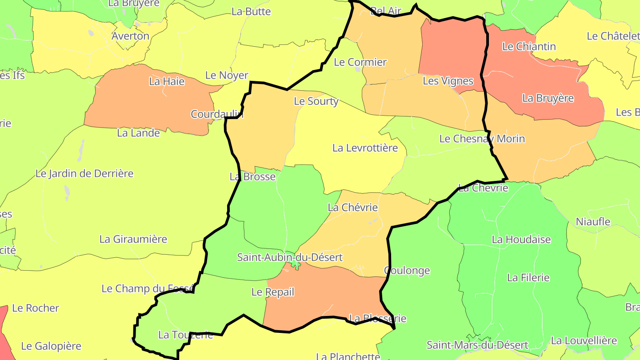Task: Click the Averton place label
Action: click(x=130, y=36)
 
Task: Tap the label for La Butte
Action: click(x=251, y=12)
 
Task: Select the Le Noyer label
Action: click(x=227, y=76)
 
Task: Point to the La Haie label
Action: click(x=167, y=81)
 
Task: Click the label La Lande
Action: click(x=138, y=133)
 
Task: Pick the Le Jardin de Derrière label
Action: click(x=84, y=174)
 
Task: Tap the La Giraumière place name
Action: click(x=133, y=239)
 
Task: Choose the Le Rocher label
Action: click(x=36, y=308)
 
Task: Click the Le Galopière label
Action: click(x=51, y=346)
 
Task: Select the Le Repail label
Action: click(x=273, y=292)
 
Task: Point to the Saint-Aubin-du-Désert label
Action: click(x=290, y=257)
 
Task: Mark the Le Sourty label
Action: click(x=316, y=101)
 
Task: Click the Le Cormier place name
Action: click(x=360, y=62)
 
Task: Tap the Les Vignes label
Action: click(x=448, y=81)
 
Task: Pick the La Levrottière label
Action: click(x=365, y=148)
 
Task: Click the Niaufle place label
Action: click(x=593, y=222)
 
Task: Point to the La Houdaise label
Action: click(x=521, y=240)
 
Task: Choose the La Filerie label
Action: click(x=528, y=278)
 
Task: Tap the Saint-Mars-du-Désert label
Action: click(x=477, y=345)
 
